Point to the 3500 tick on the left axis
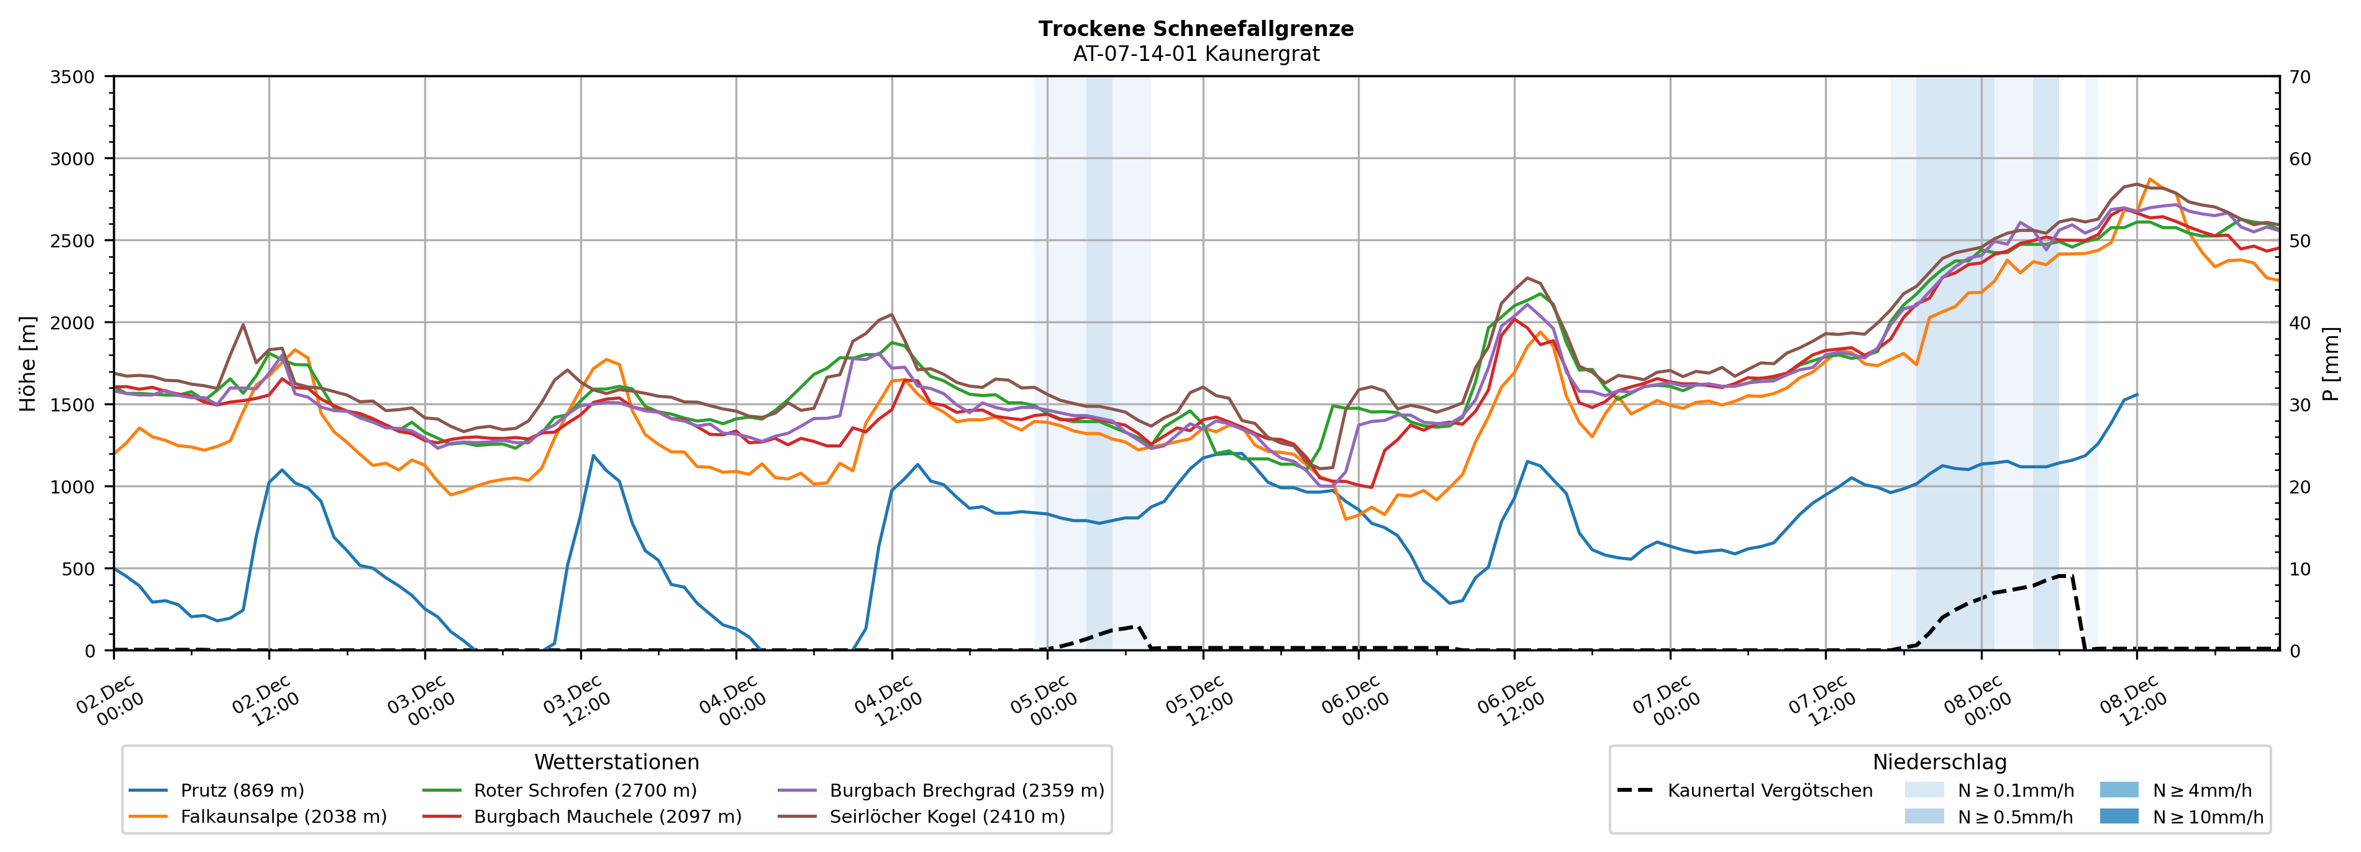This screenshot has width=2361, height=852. (73, 77)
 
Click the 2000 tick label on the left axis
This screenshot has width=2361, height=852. (73, 323)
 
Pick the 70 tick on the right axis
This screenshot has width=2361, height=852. (2300, 77)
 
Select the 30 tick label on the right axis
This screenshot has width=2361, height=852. (2300, 405)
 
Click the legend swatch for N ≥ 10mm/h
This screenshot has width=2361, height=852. (2118, 816)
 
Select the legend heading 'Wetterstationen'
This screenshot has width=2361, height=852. (617, 762)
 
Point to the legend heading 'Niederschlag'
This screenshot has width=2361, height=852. (1939, 762)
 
